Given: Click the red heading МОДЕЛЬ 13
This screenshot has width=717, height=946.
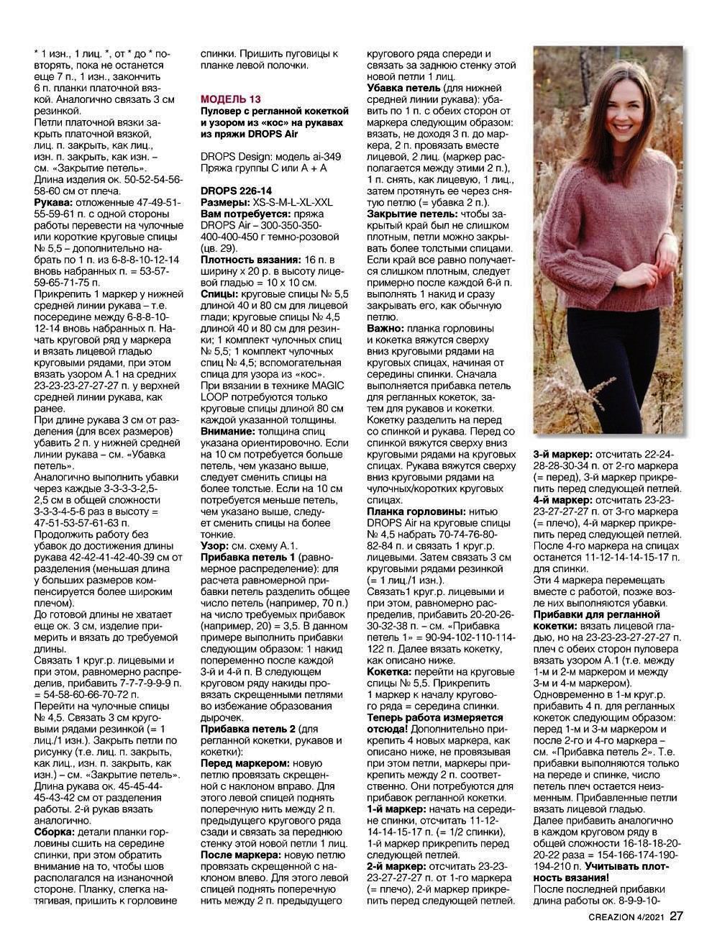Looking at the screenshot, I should pos(230,99).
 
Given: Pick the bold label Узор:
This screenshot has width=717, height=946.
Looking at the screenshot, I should pos(214,546).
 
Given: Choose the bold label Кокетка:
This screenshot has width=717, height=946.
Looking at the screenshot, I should pos(389,670).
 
